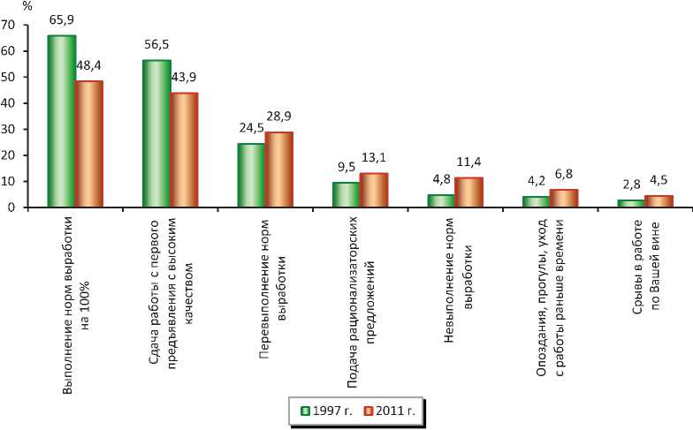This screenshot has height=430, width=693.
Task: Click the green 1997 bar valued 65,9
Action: [61, 121]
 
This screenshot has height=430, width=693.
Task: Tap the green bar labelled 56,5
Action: [156, 133]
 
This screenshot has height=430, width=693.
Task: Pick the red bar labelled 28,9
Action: [278, 170]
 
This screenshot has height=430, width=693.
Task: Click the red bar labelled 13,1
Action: [374, 190]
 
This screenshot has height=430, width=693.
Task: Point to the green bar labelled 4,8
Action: [441, 200]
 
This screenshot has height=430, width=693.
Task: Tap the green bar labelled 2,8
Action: [630, 203]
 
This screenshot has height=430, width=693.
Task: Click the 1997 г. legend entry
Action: [326, 411]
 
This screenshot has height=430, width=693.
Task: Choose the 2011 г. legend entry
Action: [386, 411]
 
